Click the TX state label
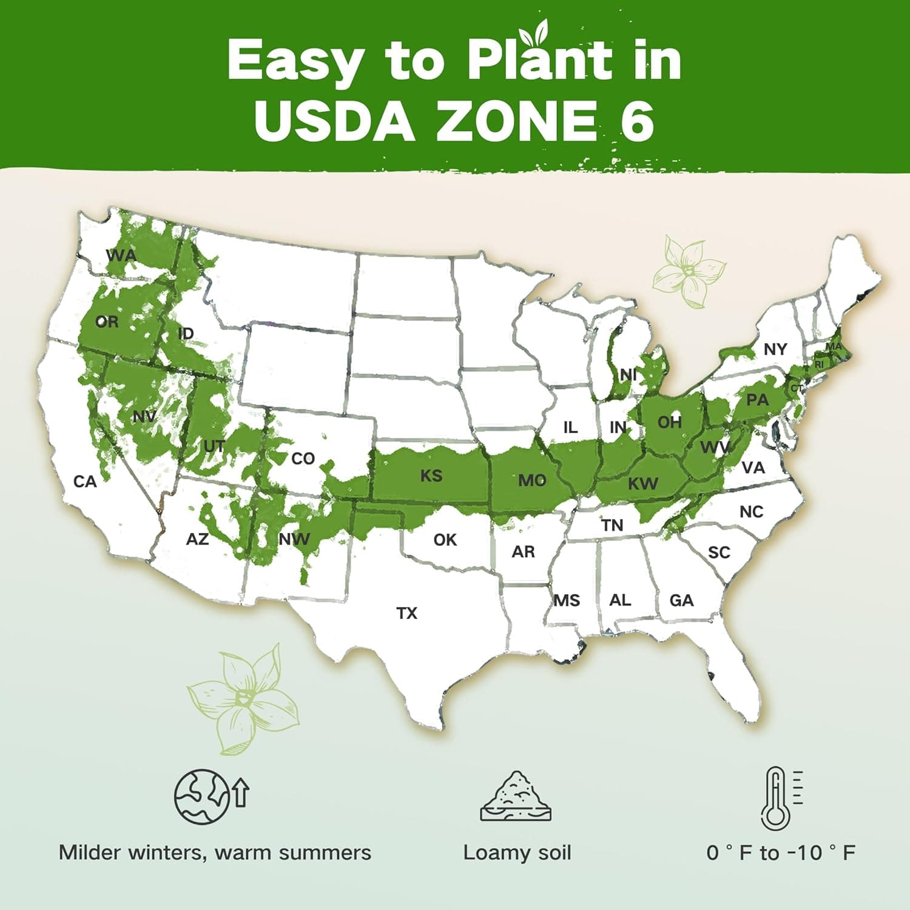407,613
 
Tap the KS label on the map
431,476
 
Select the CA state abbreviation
85,482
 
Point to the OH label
670,422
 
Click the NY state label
775,349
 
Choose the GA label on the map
681,601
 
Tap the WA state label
121,255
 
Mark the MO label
532,480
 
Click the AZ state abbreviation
197,539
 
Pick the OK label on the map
445,540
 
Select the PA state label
757,400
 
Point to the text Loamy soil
517,852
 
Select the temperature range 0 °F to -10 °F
781,852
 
